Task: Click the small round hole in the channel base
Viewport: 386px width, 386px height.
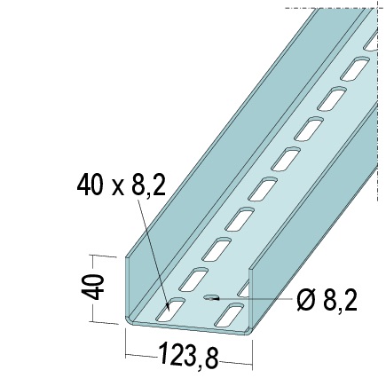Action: click(211, 299)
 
